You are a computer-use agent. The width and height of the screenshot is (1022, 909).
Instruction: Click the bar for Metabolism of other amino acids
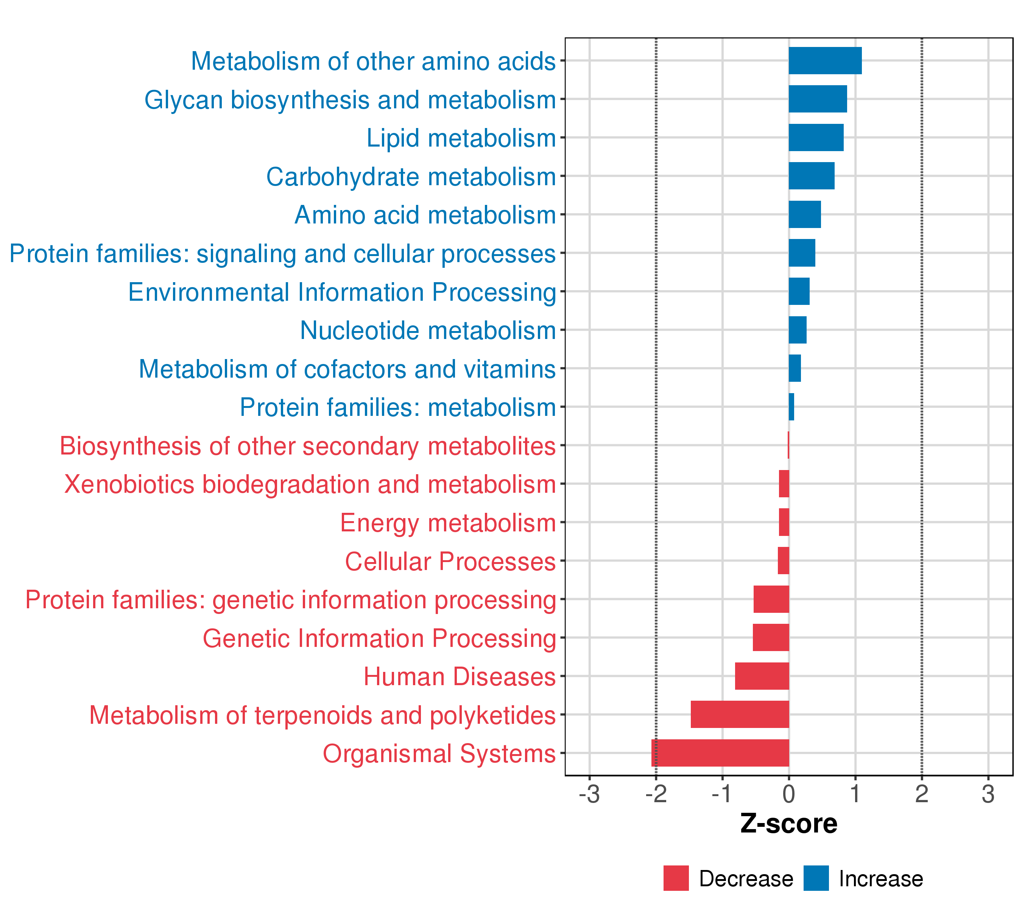click(825, 61)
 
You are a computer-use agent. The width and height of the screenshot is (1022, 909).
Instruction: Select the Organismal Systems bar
click(720, 753)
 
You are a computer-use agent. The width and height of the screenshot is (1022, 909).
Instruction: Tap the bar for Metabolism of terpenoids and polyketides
click(740, 714)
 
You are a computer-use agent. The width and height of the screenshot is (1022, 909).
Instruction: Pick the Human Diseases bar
click(762, 676)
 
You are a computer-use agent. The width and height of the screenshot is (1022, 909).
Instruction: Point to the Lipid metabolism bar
click(816, 137)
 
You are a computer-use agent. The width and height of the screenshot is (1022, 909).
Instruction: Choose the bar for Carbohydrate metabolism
click(812, 176)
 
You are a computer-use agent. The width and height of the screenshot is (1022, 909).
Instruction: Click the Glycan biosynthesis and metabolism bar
click(818, 99)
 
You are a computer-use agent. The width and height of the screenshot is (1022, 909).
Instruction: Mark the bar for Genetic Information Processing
click(771, 637)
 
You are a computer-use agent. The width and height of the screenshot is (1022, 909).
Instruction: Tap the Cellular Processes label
click(450, 561)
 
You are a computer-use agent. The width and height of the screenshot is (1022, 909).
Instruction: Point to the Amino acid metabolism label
click(425, 215)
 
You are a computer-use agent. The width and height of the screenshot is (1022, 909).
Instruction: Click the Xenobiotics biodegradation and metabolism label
click(310, 485)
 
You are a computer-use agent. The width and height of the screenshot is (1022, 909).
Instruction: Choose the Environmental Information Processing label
click(342, 292)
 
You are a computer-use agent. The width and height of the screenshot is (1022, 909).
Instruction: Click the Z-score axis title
click(788, 824)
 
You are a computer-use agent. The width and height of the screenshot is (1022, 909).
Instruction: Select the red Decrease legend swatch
click(676, 878)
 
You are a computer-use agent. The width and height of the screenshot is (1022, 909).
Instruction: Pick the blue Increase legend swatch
click(816, 878)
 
